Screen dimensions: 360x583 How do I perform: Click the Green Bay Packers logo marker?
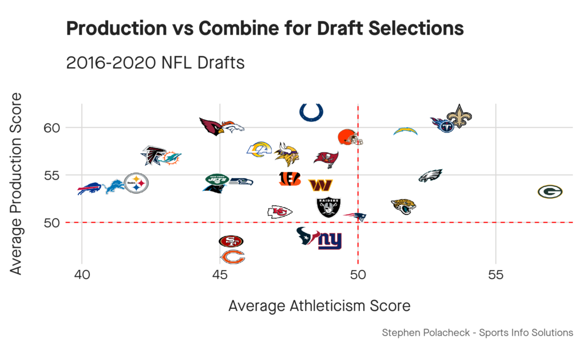[550, 192]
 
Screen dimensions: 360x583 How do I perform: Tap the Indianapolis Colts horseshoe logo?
[311, 112]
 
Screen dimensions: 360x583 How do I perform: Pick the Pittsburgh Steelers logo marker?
[136, 183]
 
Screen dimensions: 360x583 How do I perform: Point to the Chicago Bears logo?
[232, 257]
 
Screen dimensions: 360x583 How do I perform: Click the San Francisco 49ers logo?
[231, 242]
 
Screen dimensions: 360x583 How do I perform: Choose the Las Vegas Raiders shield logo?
[329, 207]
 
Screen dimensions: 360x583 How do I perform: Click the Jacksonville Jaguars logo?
[404, 206]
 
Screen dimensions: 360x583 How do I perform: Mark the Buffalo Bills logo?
[89, 189]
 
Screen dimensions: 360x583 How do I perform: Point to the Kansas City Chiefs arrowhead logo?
[280, 212]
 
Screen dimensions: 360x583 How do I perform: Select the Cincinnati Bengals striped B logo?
[290, 179]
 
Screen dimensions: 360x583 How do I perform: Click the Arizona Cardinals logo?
[213, 126]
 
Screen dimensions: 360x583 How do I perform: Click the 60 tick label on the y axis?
[52, 127]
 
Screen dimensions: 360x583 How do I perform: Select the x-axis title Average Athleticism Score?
[319, 306]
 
